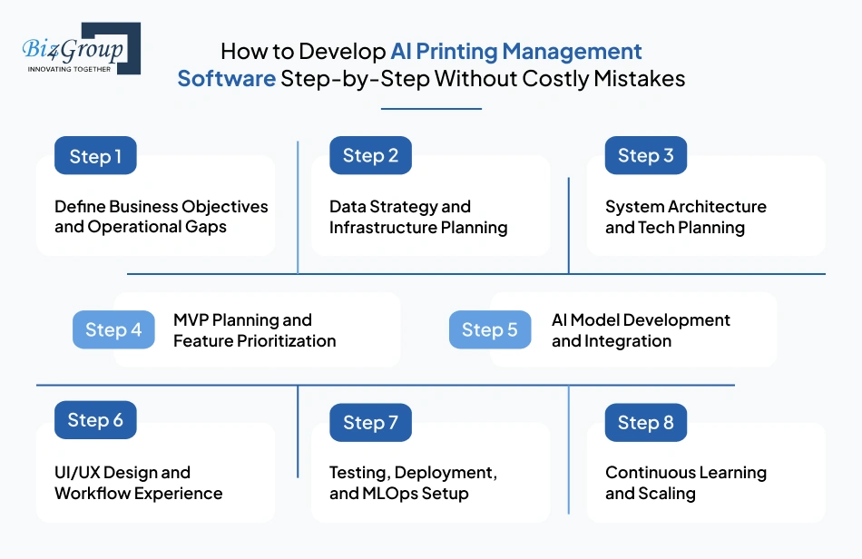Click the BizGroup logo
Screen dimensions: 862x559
pos(81,48)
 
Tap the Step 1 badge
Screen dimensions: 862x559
pos(95,156)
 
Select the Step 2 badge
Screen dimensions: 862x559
pos(370,156)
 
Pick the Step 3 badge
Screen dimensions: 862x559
pos(645,156)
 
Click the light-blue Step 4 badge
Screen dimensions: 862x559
pos(113,330)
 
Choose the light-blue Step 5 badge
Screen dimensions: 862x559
pos(490,330)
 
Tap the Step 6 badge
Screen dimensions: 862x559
pos(95,420)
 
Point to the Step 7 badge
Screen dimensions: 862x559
pos(370,423)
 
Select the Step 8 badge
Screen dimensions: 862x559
pos(645,423)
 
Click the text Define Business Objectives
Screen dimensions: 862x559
pos(161,207)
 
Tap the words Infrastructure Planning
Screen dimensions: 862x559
pos(418,228)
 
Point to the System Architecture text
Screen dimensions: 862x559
pos(685,207)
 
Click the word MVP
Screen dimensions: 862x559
pos(191,320)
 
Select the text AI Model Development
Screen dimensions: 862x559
pos(641,320)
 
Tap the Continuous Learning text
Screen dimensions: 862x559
pos(685,473)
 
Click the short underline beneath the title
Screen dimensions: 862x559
pos(431,109)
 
